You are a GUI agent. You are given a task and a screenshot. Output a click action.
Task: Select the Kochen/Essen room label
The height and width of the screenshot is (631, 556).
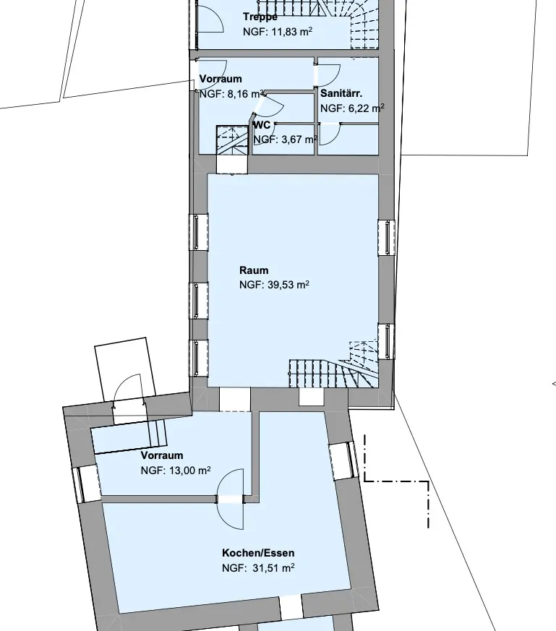258,554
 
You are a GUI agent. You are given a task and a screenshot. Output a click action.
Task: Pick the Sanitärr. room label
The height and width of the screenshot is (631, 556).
341,94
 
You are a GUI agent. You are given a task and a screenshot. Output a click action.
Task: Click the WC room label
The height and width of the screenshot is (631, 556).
262,125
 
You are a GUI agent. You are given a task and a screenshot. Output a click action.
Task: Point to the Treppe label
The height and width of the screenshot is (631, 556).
260,17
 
